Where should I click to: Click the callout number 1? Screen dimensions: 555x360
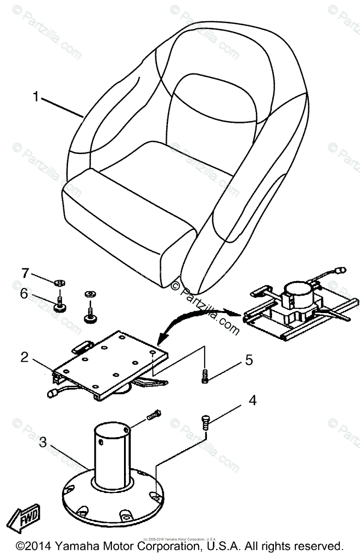(x=36, y=97)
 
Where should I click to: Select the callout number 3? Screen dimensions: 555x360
(x=43, y=443)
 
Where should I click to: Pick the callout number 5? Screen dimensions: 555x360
(x=249, y=360)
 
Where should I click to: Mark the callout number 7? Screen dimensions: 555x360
(x=24, y=272)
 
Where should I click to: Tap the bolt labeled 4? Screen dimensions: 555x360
(x=205, y=422)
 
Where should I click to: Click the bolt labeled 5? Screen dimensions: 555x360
(x=205, y=376)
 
